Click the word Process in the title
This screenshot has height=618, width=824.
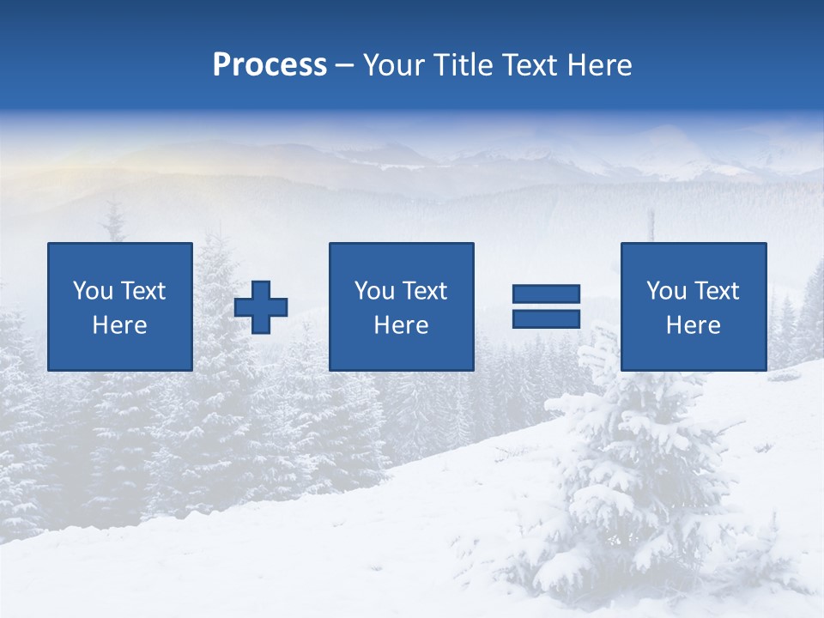[x=270, y=65]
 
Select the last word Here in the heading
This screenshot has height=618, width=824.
[x=600, y=65]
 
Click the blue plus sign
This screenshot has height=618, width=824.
[x=261, y=307]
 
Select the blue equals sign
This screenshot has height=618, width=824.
[x=546, y=306]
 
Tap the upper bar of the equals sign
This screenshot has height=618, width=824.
[x=546, y=294]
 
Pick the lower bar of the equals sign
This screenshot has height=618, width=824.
[x=546, y=318]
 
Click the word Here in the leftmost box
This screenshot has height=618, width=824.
[x=120, y=325]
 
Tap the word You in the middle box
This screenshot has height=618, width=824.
[x=374, y=291]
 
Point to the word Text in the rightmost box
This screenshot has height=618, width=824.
[x=717, y=291]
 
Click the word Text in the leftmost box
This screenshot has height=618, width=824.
[x=143, y=291]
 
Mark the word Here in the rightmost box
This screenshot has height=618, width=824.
[x=694, y=325]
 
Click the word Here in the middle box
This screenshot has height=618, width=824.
[x=402, y=325]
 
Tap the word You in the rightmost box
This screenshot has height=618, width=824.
[x=666, y=291]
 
